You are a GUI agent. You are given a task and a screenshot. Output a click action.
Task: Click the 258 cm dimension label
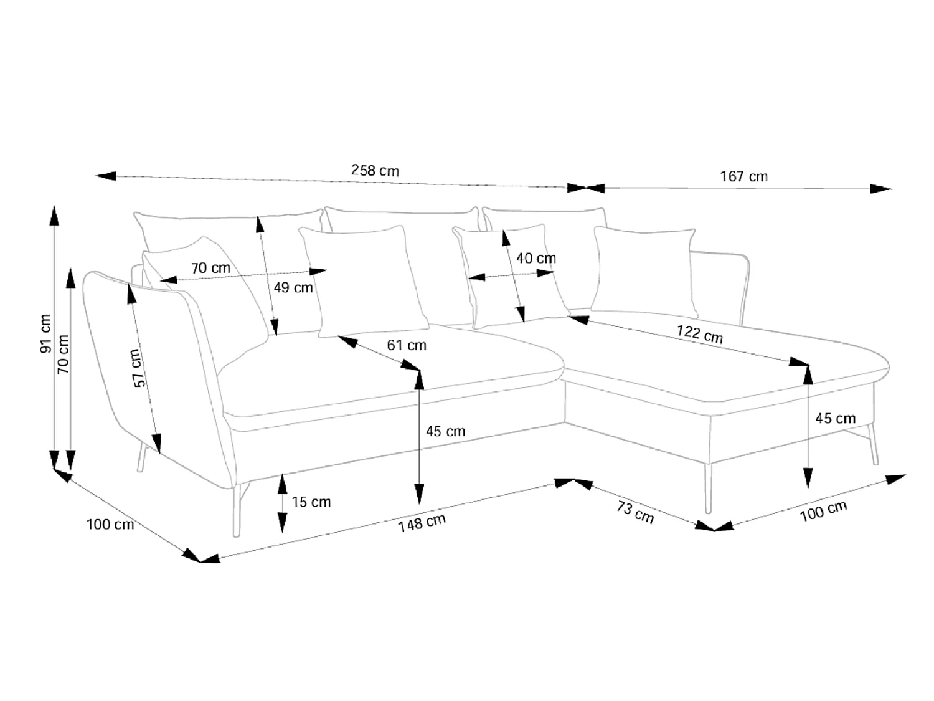[375, 171]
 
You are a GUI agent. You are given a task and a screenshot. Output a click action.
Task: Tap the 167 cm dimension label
[743, 176]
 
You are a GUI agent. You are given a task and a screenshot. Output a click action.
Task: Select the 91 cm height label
[45, 334]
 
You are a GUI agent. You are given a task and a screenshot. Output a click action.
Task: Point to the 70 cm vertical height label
[63, 354]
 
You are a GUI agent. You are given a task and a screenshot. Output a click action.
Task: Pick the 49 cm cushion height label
[293, 288]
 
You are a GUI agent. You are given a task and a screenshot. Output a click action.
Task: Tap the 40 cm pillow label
[536, 259]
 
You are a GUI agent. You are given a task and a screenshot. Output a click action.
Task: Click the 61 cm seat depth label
[407, 345]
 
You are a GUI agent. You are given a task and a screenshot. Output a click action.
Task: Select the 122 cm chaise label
[699, 334]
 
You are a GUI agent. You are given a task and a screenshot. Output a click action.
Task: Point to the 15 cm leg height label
[311, 502]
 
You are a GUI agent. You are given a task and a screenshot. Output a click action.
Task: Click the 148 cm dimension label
[422, 523]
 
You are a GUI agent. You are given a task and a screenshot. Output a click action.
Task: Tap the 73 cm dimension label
[635, 512]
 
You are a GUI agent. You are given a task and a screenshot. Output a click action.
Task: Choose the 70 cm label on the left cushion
[210, 268]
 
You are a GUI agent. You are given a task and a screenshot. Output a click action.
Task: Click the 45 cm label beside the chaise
[835, 418]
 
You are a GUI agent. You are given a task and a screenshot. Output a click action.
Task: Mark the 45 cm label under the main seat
[445, 432]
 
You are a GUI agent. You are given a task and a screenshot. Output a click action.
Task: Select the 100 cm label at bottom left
[110, 525]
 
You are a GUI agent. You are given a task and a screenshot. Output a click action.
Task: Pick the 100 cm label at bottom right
[823, 511]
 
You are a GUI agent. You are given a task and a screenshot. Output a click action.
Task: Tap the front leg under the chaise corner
[708, 488]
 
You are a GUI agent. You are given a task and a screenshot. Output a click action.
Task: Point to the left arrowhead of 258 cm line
[105, 176]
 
